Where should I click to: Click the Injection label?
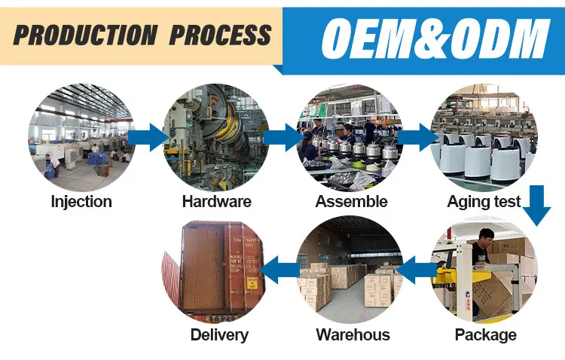[x=81, y=202]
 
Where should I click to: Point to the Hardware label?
[x=217, y=202]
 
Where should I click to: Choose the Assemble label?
[x=351, y=202]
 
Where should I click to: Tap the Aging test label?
[x=484, y=202]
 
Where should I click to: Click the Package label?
[x=486, y=335]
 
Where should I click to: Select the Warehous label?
[x=353, y=335]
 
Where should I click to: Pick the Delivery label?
[x=219, y=335]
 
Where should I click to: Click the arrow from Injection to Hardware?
[x=148, y=138]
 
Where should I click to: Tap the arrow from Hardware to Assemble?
[x=283, y=138]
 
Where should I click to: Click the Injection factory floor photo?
[x=81, y=136]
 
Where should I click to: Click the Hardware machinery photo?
[x=216, y=136]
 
